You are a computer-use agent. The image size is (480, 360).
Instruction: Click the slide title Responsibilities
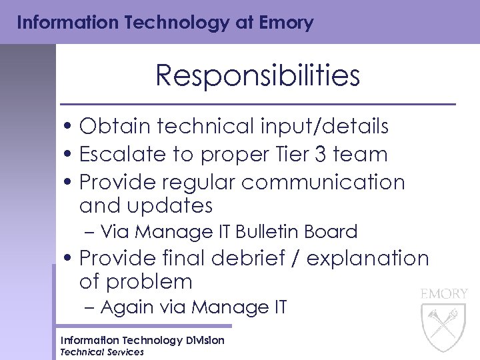point(257,76)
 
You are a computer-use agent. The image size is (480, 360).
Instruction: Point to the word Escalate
point(120,154)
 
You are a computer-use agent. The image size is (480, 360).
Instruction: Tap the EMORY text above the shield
point(443,293)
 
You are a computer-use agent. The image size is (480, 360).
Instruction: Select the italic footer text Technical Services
point(102,352)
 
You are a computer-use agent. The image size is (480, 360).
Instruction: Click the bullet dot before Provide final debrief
point(69,258)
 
